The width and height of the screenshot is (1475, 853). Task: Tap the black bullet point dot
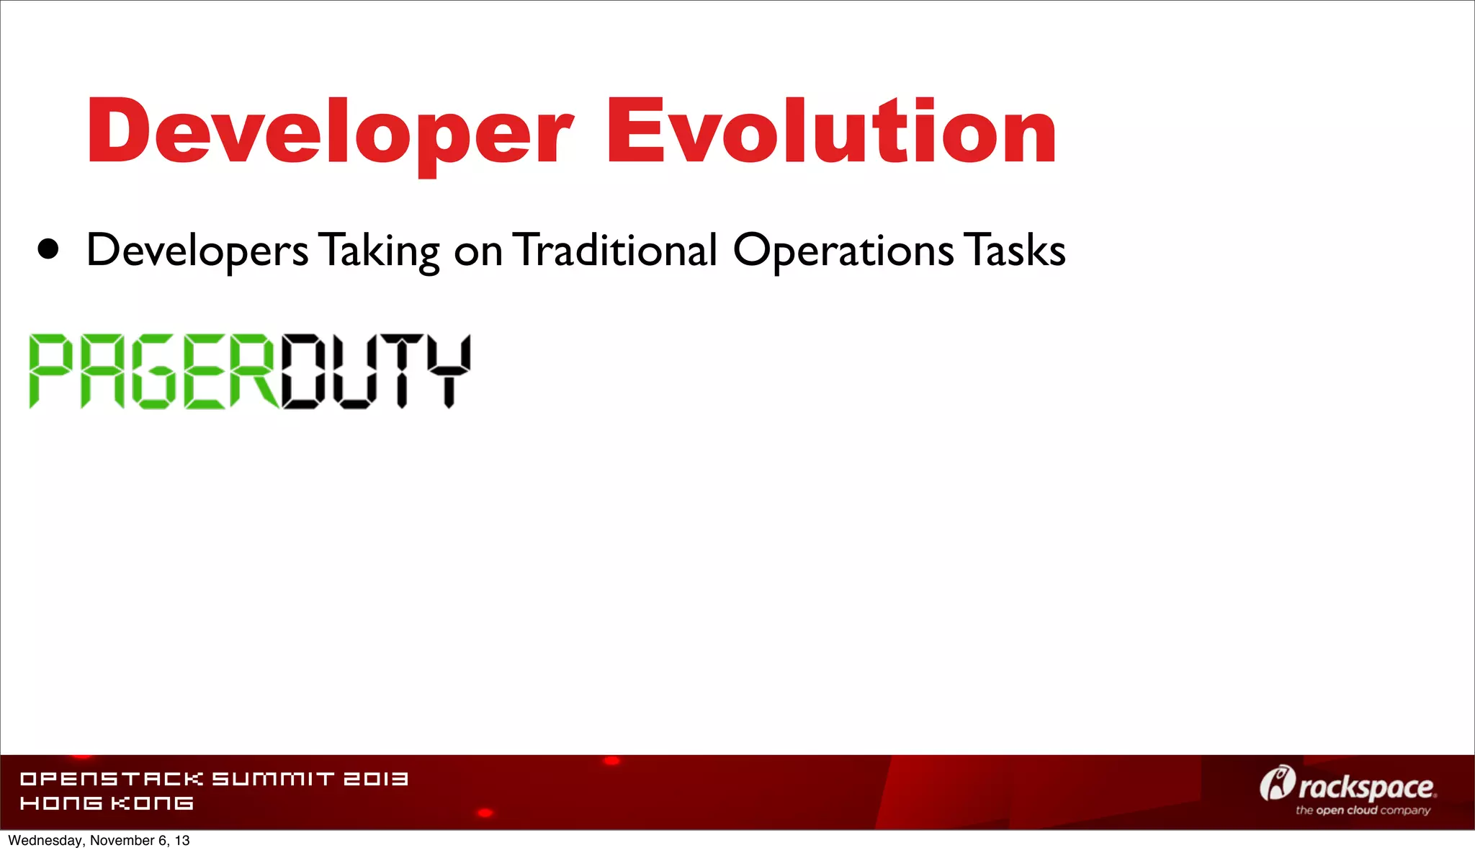pos(48,249)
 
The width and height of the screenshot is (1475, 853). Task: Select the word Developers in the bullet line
pos(197,251)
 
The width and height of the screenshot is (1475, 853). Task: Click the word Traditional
pos(616,250)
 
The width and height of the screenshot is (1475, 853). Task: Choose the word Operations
pos(843,251)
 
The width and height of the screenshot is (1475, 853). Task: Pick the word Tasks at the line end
pos(1016,250)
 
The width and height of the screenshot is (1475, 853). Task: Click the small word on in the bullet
pos(478,253)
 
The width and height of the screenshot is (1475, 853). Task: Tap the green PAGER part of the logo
pos(153,372)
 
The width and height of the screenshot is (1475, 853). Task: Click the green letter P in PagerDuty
pos(51,372)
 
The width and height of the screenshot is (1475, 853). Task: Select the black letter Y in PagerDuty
pos(449,372)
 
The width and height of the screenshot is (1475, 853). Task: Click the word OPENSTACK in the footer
pos(112,779)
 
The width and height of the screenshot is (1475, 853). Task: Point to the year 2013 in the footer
pos(376,779)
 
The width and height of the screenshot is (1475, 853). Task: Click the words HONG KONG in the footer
pos(107,803)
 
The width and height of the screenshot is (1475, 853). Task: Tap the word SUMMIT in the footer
pos(273,779)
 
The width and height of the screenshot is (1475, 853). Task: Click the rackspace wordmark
pos(1366,787)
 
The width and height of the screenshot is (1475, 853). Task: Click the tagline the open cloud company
pos(1363,810)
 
